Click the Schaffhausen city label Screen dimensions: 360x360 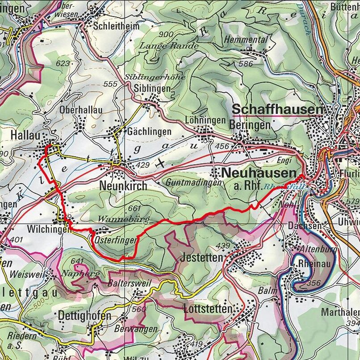[x=277, y=109]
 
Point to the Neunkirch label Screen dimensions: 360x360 [x=123, y=185]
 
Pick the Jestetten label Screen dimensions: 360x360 [x=202, y=258]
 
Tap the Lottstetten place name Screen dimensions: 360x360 [x=208, y=309]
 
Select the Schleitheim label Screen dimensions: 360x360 [x=116, y=26]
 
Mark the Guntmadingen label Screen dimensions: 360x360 [x=193, y=183]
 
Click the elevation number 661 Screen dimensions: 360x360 [x=134, y=208]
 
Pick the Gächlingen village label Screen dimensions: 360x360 [x=149, y=132]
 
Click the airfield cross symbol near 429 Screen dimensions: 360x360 [x=160, y=164]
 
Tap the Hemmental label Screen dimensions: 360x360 [x=246, y=39]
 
